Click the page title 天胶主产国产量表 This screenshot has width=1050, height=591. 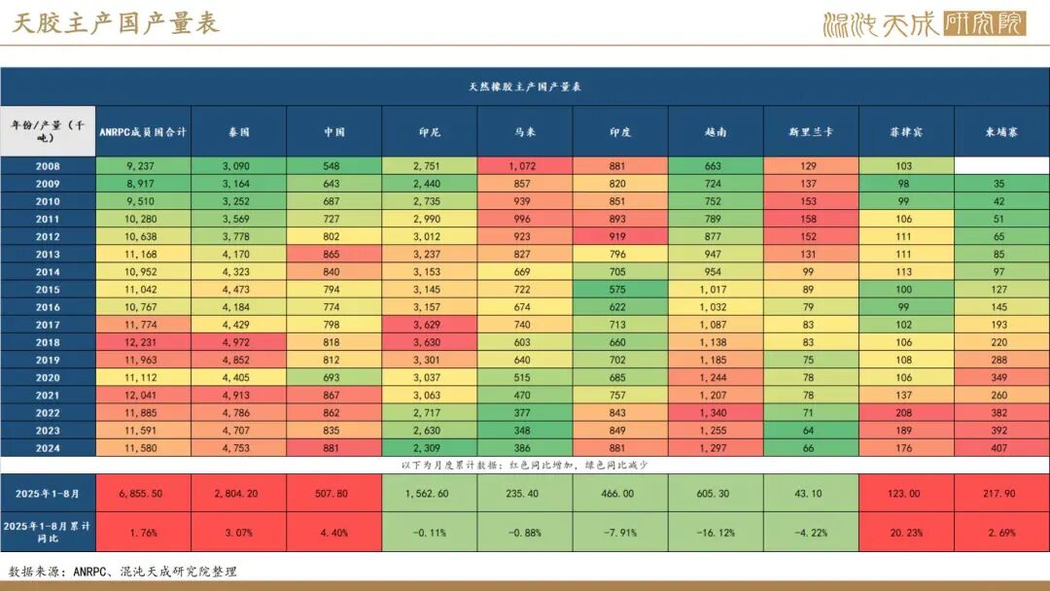pos(116,23)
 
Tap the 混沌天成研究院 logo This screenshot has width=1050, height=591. pos(924,23)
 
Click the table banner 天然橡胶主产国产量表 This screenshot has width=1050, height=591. pos(524,87)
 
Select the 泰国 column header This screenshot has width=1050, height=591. pos(239,131)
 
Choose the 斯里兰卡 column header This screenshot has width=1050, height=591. pos(810,131)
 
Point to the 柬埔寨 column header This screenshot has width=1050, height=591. pos(1001,131)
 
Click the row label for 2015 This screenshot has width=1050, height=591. pos(48,289)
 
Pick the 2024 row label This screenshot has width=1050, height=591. pos(48,447)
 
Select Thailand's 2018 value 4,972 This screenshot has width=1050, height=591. pos(239,342)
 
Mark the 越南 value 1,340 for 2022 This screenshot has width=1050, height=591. pos(716,412)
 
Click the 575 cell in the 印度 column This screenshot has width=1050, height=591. pos(619,289)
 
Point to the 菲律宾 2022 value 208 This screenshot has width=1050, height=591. pos(906,412)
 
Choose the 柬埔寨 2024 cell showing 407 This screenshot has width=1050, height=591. pos(1001,447)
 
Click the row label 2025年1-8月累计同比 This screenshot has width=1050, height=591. pos(48,532)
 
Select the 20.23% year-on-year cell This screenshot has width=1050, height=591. pos(906,532)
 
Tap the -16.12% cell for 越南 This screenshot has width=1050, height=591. pos(716,532)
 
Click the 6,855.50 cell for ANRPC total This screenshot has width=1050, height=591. pos(143,493)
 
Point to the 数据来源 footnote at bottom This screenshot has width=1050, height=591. pos(122,572)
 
